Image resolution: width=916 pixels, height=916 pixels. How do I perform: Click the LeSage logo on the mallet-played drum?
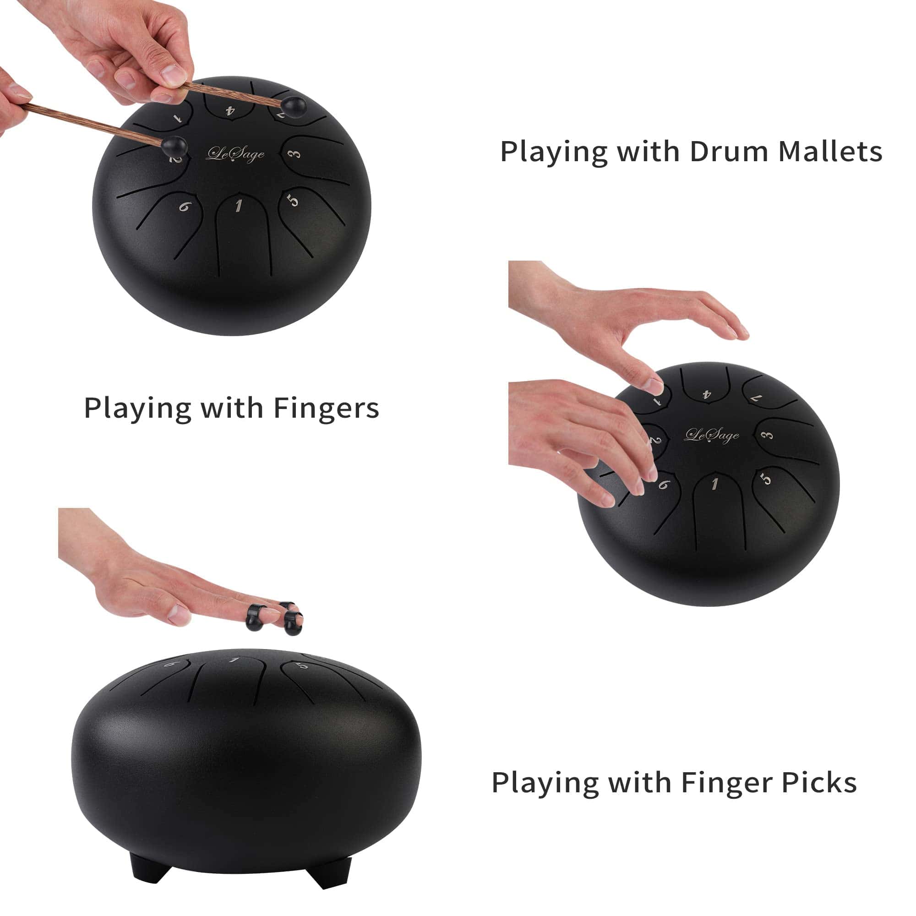(235, 153)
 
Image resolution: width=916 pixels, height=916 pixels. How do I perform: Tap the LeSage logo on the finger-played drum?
(712, 435)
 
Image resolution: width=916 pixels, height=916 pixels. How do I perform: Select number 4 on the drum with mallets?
(230, 111)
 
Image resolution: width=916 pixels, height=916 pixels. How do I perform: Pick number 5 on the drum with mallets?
(294, 200)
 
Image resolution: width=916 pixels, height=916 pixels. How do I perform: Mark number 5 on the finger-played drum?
(766, 479)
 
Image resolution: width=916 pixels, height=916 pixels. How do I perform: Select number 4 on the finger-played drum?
(707, 394)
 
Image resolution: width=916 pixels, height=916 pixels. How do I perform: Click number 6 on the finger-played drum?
(664, 484)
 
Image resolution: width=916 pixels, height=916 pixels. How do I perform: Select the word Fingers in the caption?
(327, 408)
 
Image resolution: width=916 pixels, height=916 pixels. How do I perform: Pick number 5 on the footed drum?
(302, 665)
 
